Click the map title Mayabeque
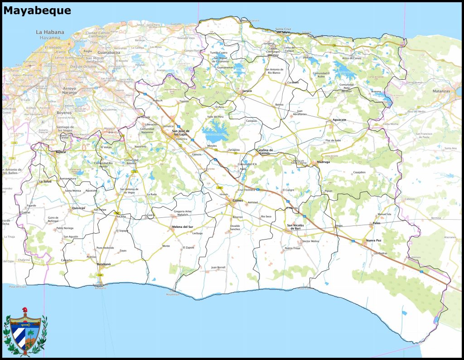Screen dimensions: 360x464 37,10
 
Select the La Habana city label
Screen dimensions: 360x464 50,32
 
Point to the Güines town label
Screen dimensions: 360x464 237,200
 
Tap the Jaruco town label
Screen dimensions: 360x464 247,91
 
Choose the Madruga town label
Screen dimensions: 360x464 324,162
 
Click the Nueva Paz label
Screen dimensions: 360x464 373,240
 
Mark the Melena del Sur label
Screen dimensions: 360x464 183,226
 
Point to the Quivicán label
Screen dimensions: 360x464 78,208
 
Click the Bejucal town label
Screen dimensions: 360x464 61,152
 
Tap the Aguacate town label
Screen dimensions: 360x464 339,120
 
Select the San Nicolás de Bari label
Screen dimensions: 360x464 297,226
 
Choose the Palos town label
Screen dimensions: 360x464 377,223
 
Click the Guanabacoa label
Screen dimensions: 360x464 108,53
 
